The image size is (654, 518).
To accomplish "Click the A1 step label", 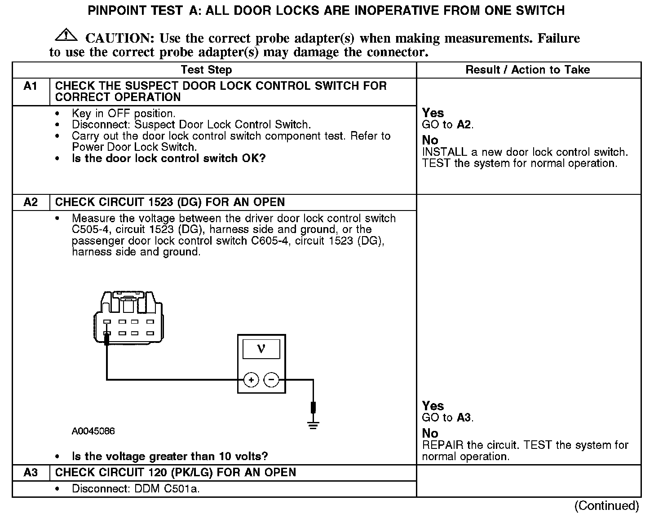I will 30,86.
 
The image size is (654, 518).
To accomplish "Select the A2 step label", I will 30,202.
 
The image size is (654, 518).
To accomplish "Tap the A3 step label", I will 30,473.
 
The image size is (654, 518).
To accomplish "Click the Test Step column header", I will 206,70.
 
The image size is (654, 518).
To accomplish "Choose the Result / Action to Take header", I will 527,70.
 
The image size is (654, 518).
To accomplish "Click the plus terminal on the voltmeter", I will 251,380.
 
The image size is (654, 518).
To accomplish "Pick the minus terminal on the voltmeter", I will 271,380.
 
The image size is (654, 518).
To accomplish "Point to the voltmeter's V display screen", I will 261,349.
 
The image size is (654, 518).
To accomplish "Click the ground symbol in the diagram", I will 313,425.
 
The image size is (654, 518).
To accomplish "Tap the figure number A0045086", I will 93,431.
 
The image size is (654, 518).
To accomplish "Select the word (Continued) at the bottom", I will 606,506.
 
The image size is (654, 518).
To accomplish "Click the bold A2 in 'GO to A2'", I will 464,125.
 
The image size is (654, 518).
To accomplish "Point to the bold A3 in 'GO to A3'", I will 464,418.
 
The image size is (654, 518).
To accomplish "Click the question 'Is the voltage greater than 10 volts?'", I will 170,457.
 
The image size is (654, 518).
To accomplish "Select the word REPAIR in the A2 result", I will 443,445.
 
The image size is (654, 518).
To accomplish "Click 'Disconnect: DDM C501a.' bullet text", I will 136,489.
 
